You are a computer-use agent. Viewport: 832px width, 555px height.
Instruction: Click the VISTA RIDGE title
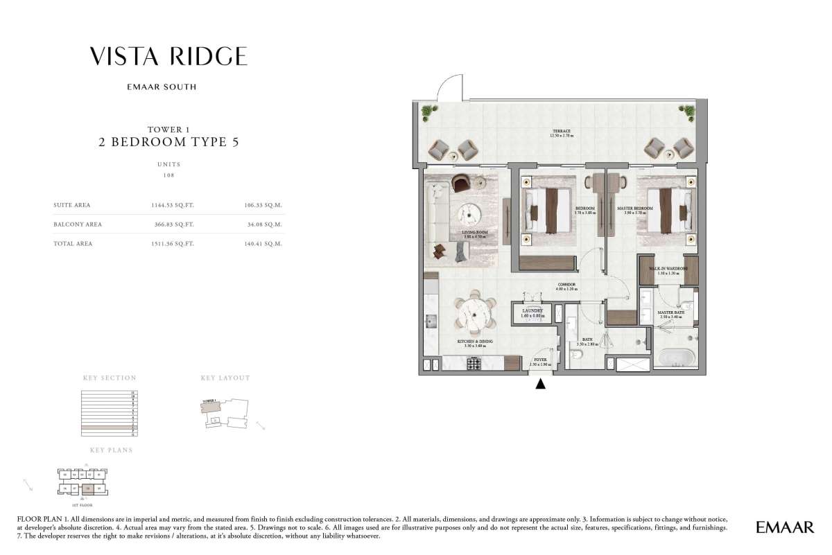pos(168,56)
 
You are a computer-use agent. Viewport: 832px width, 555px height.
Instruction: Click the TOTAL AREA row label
pos(73,244)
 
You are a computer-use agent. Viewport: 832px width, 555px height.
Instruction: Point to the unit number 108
pos(168,175)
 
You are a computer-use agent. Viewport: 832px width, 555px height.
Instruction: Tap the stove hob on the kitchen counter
pos(474,362)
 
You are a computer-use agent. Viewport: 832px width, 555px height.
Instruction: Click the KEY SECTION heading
pos(110,378)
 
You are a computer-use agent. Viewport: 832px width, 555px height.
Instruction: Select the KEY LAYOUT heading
pos(225,378)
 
